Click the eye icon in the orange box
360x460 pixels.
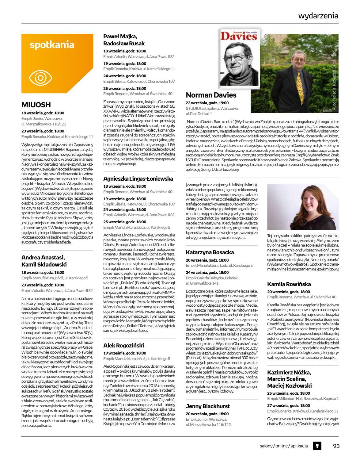pyautogui.click(x=41, y=78)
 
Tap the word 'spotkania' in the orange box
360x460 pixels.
pyautogui.click(x=52, y=45)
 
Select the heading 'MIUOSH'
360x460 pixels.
pyautogui.click(x=36, y=105)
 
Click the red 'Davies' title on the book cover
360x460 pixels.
pyautogui.click(x=235, y=36)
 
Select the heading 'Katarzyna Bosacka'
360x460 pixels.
pyautogui.click(x=210, y=252)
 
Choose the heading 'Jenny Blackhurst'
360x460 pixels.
pyautogui.click(x=207, y=406)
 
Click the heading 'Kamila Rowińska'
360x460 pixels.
pyautogui.click(x=289, y=284)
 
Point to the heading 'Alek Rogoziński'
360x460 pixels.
pyautogui.click(x=123, y=345)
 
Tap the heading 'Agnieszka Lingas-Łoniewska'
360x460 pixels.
pyautogui.click(x=138, y=178)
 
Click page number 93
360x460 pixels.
pyautogui.click(x=336, y=446)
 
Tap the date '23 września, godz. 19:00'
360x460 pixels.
pyautogui.click(x=207, y=103)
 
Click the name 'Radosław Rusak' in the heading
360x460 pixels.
pyautogui.click(x=124, y=43)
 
